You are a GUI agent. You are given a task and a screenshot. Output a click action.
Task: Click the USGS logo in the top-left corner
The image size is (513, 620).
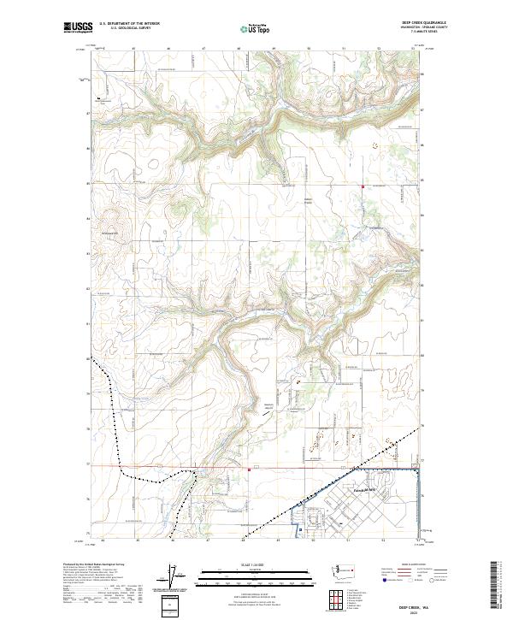tap(77, 28)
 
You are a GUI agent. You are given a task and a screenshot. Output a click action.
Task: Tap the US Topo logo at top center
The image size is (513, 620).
tap(256, 28)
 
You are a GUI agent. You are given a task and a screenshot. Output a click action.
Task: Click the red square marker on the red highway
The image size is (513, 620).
tap(248, 469)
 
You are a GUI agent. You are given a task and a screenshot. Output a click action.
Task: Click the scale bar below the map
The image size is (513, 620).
tap(256, 578)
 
